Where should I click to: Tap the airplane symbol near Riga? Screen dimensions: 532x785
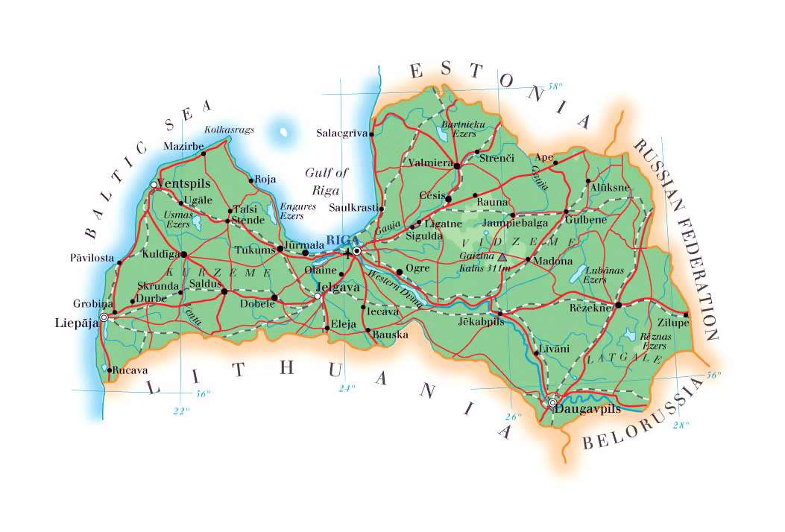(x=348, y=254)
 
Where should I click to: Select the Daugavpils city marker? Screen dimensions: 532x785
(x=552, y=403)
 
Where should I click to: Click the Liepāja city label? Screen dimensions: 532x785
(x=77, y=323)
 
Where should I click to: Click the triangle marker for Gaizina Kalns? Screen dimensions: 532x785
(x=502, y=257)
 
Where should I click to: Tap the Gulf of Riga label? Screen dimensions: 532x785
(x=327, y=181)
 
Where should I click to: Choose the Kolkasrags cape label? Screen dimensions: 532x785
(x=229, y=130)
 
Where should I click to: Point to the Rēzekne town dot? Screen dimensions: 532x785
(x=618, y=305)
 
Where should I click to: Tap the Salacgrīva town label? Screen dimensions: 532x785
(x=342, y=133)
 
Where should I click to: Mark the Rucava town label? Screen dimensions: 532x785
(x=130, y=370)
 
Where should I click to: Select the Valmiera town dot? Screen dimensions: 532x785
(x=457, y=165)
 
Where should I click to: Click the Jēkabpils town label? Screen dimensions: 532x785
(x=480, y=322)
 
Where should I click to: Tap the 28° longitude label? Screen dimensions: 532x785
(x=681, y=425)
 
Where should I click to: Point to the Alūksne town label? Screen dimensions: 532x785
(x=609, y=188)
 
